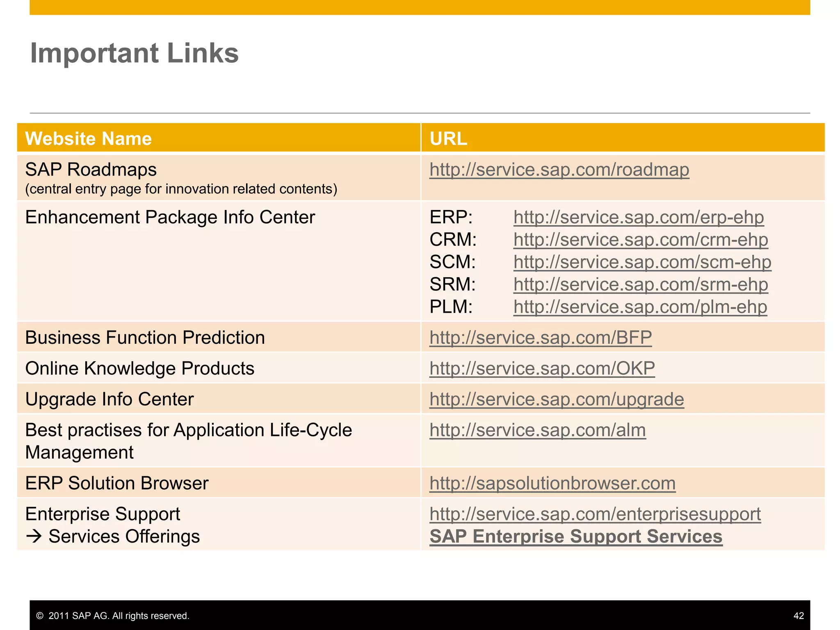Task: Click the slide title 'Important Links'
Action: pyautogui.click(x=134, y=53)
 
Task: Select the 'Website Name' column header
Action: pyautogui.click(x=88, y=139)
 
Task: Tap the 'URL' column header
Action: pyautogui.click(x=448, y=139)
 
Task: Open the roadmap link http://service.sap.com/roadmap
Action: pyautogui.click(x=559, y=170)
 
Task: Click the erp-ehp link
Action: pyautogui.click(x=638, y=217)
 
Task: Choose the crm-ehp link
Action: pyautogui.click(x=640, y=240)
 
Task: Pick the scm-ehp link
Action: pyautogui.click(x=642, y=262)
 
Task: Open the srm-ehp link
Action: pyautogui.click(x=640, y=285)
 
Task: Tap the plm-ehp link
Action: pyautogui.click(x=640, y=307)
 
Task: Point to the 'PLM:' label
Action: pyautogui.click(x=451, y=307)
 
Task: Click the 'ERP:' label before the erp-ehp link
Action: pyautogui.click(x=451, y=217)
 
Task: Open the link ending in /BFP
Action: pyautogui.click(x=540, y=338)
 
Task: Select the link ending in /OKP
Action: pyautogui.click(x=542, y=368)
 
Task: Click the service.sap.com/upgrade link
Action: pyautogui.click(x=557, y=399)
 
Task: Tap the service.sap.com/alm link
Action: pyautogui.click(x=537, y=430)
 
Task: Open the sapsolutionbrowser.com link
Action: pyautogui.click(x=552, y=483)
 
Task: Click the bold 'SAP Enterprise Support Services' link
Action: pyautogui.click(x=576, y=536)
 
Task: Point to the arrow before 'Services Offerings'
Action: pyautogui.click(x=34, y=536)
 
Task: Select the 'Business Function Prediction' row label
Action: pyautogui.click(x=145, y=338)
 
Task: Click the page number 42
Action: pyautogui.click(x=798, y=616)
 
